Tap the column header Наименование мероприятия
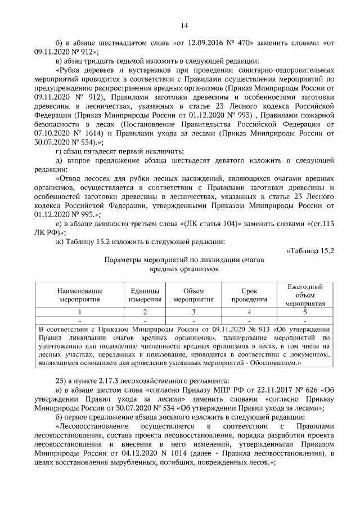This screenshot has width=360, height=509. tap(79, 295)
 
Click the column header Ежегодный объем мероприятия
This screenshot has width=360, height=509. tap(304, 295)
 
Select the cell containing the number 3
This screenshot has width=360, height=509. tap(193, 312)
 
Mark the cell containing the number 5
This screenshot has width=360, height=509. tap(304, 312)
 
